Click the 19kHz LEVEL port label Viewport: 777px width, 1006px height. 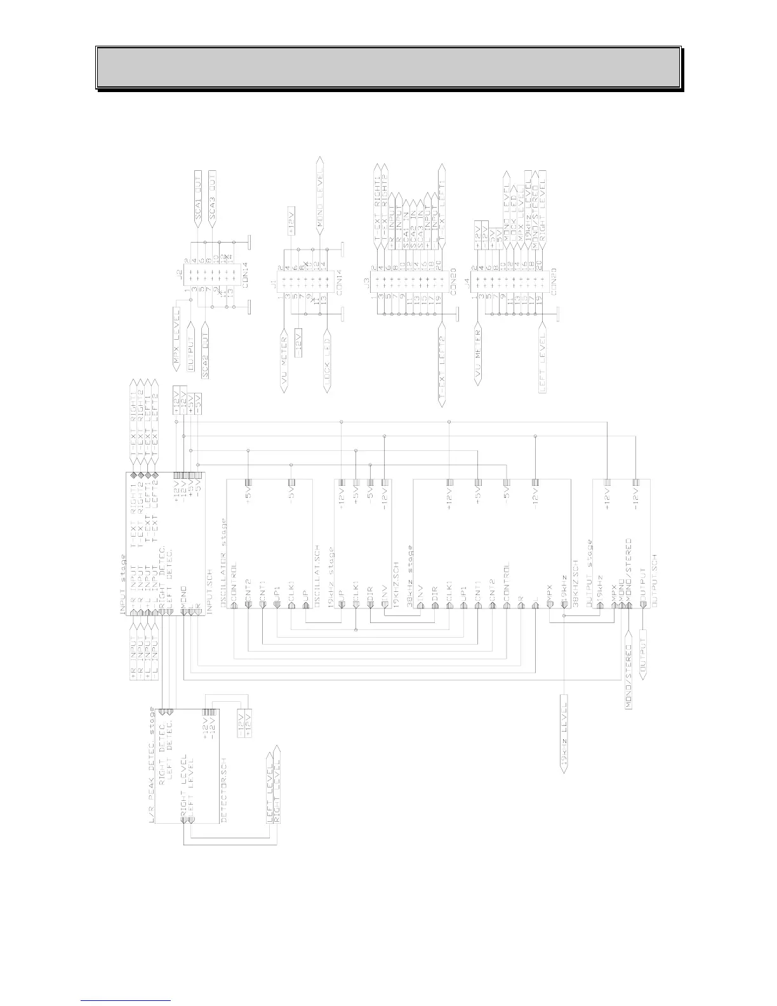point(564,733)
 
